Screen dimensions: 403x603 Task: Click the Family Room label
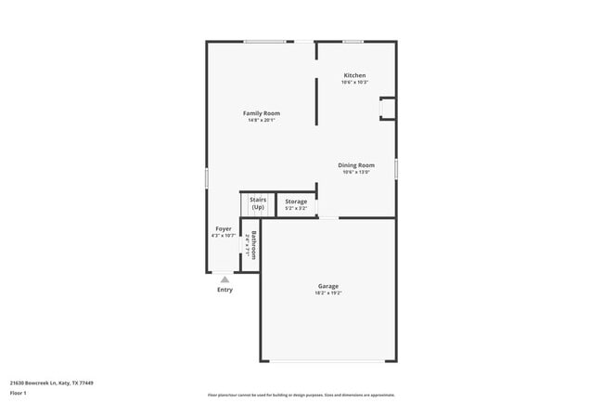(262, 113)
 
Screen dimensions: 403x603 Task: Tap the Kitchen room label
(354, 75)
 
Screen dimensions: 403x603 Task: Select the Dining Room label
(356, 165)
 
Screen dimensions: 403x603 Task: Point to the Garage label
(328, 286)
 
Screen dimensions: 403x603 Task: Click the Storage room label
(296, 201)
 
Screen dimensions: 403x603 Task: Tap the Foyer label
(224, 228)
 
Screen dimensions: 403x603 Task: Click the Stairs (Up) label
(258, 203)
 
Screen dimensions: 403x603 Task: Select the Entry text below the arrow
(225, 290)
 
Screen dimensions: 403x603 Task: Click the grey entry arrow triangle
(225, 279)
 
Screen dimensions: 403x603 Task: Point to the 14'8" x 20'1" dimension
(262, 120)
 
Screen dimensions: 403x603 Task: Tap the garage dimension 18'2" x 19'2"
(328, 293)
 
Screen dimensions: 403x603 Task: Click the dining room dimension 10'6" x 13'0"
(356, 172)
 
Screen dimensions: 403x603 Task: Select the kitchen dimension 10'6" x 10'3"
(354, 83)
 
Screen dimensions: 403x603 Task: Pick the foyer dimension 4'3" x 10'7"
(224, 236)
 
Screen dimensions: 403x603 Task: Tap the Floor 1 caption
(18, 393)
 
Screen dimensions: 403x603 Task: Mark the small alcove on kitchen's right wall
(388, 109)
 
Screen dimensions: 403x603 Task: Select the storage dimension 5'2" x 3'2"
(296, 208)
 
